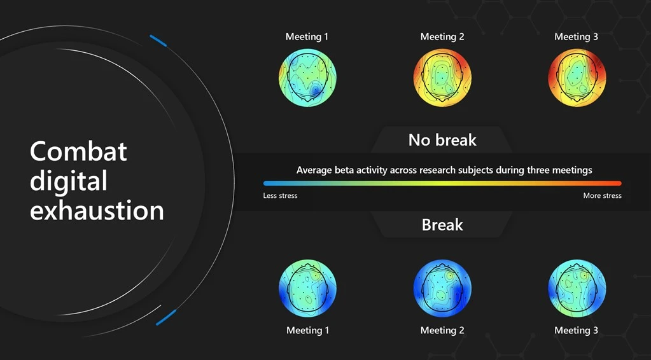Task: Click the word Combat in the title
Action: tap(78, 151)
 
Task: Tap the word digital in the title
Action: tap(68, 181)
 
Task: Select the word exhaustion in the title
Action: tap(97, 210)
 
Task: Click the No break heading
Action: tap(442, 140)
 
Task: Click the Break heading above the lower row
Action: tap(442, 225)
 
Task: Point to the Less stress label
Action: tap(280, 195)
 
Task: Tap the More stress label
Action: tap(602, 195)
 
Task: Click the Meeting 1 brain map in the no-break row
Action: tap(307, 78)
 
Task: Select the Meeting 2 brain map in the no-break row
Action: tap(442, 78)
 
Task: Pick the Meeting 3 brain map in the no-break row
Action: tap(577, 78)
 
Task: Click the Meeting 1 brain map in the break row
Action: tap(307, 288)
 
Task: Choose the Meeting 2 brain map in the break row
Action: tap(442, 288)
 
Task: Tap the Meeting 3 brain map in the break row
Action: tap(577, 288)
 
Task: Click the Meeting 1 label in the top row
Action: tap(307, 36)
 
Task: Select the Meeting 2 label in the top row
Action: tap(442, 36)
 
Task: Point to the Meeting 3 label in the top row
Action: tap(577, 36)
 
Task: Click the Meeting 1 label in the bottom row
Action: tap(308, 330)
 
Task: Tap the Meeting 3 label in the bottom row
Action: tap(577, 330)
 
